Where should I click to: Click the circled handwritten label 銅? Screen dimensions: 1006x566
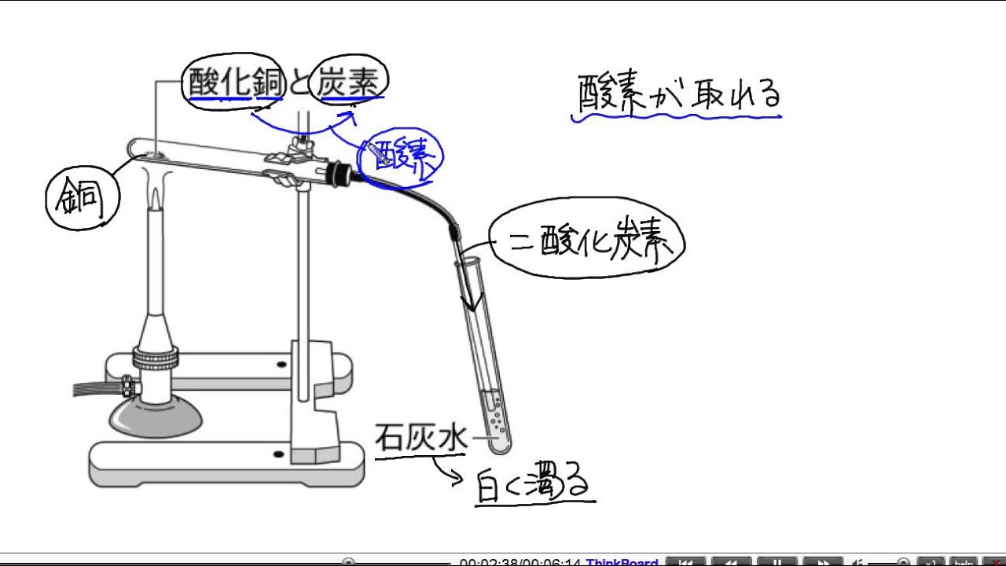pos(82,200)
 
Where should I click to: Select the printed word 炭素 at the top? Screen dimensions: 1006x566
pos(347,83)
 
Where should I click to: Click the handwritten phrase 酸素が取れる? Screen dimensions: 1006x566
pos(678,94)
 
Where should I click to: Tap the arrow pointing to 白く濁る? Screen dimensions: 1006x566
pos(446,472)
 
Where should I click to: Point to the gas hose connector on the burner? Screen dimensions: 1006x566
pos(126,386)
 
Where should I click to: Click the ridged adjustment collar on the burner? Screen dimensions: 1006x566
pos(155,358)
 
